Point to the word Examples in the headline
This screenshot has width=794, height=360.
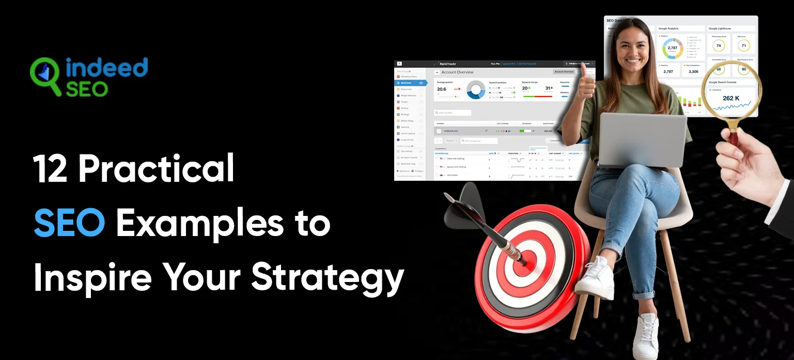(200, 223)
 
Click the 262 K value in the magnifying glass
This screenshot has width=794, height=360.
(731, 98)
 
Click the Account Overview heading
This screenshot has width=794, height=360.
(457, 72)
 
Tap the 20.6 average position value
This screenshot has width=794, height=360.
(441, 89)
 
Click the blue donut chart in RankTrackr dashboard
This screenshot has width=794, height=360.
(476, 89)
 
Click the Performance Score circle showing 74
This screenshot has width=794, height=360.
(718, 46)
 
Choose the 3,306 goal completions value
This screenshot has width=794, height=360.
(693, 72)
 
